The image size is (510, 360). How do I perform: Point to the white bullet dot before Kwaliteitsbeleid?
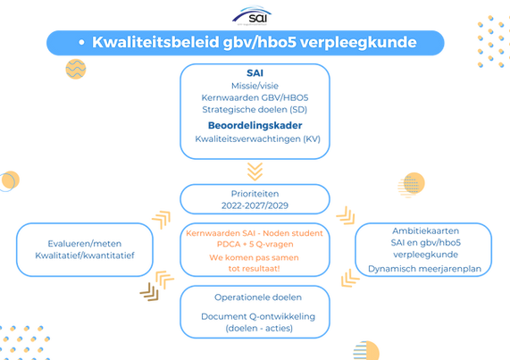pos(80,42)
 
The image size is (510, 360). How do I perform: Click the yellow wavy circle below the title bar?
pos(75,69)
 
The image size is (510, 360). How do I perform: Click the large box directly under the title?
pos(254,113)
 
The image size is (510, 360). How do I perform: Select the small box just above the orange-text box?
pos(254,197)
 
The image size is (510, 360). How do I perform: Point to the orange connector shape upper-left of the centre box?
pos(162,216)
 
